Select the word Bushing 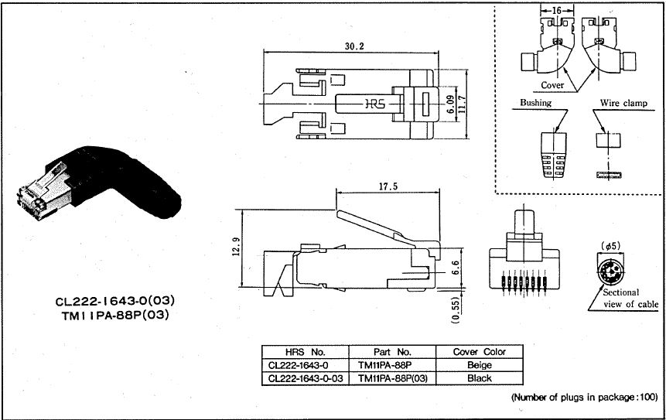[x=535, y=102]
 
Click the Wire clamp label [x=622, y=102]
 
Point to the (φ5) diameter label [x=608, y=246]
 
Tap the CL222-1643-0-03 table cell [x=306, y=378]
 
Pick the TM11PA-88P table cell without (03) [x=392, y=365]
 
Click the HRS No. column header [x=306, y=352]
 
